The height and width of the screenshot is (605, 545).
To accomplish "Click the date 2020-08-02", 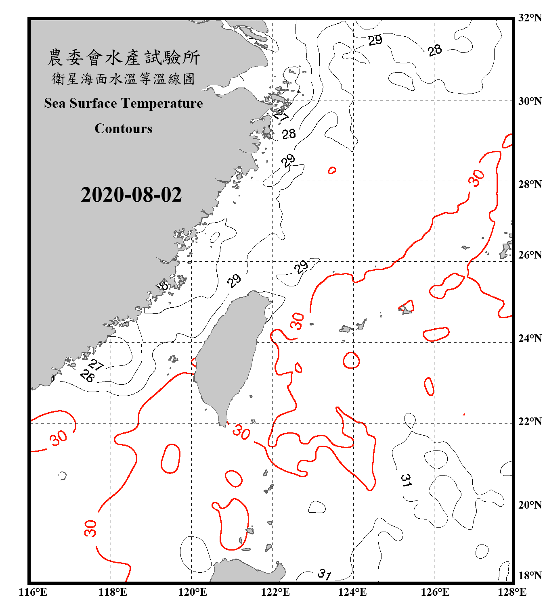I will point(131,195).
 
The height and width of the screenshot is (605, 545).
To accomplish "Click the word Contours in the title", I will point(124,129).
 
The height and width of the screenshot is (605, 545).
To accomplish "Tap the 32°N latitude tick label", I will point(530,18).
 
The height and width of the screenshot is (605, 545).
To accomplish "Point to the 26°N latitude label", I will point(530,255).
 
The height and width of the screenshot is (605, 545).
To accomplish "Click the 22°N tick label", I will point(530,421).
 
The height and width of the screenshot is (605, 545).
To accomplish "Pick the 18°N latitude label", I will point(530,576).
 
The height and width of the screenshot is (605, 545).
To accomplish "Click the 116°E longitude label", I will point(33,592).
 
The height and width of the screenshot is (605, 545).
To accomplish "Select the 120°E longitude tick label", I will point(193,592).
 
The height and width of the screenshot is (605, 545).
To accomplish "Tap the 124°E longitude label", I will point(352,592).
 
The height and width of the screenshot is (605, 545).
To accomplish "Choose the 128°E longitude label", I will point(512,592).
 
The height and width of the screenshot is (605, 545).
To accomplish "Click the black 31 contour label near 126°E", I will point(406,480).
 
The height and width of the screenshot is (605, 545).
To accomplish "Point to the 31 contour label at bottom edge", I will point(324,574).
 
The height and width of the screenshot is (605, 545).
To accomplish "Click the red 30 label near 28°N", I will point(476,178).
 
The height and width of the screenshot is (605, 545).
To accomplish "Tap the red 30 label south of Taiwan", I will point(241,432).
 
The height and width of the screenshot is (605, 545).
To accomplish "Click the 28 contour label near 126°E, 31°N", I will point(435,50).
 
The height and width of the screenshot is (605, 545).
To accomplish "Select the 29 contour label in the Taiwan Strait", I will point(234,280).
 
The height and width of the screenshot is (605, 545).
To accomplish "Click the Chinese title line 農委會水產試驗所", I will point(124,58).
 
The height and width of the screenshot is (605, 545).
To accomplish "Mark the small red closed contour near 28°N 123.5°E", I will point(332,170).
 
